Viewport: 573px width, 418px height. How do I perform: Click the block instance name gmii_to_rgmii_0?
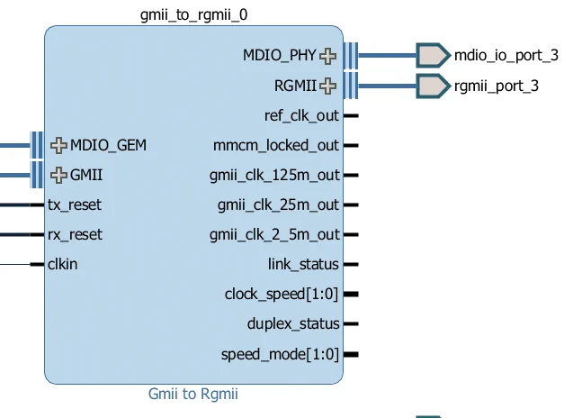pos(192,15)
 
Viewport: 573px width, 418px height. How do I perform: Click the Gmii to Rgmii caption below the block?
pos(192,394)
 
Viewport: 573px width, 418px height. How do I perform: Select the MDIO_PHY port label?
pos(280,56)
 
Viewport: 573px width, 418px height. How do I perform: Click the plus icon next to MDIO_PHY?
pos(328,56)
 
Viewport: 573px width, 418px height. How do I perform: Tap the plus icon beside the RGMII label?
pos(328,86)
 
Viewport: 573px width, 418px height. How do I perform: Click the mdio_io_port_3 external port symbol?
pos(433,56)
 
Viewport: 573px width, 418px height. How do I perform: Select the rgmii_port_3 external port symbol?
pos(433,86)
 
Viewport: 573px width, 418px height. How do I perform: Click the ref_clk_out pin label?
pos(301,115)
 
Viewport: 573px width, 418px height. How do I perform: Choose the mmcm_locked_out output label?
pos(276,145)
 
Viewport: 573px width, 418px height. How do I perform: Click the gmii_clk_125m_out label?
pos(274,175)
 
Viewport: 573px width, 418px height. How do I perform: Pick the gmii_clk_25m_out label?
pos(278,205)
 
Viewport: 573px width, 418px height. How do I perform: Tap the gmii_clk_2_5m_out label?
pos(274,235)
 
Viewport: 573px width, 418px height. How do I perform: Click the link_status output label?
pos(303,265)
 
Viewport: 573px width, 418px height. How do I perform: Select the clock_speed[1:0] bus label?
pos(282,295)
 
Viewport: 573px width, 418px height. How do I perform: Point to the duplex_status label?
pos(293,324)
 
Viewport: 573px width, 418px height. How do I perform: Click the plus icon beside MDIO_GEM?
pos(59,145)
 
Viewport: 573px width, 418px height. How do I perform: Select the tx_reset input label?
pos(75,205)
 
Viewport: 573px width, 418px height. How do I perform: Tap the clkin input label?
pos(62,265)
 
